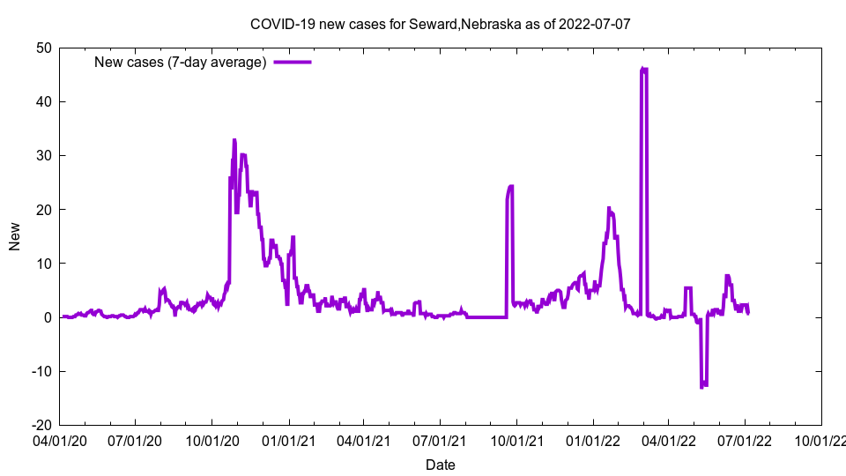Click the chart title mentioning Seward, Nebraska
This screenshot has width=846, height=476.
[440, 24]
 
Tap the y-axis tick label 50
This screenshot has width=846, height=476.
[43, 48]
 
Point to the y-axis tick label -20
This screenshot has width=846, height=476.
[41, 424]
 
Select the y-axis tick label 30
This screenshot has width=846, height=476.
[43, 155]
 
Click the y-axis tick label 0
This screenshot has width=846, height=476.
[47, 316]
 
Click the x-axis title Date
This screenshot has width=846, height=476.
[440, 465]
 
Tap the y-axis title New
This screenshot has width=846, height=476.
[15, 236]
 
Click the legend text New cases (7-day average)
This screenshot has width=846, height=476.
[181, 62]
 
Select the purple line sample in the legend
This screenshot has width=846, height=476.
[293, 62]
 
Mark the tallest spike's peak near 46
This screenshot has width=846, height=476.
[644, 69]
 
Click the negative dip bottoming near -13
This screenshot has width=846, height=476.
[703, 385]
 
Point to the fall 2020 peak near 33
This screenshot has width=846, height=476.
[234, 140]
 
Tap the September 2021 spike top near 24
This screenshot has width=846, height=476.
[510, 187]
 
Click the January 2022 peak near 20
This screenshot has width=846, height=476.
[609, 208]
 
